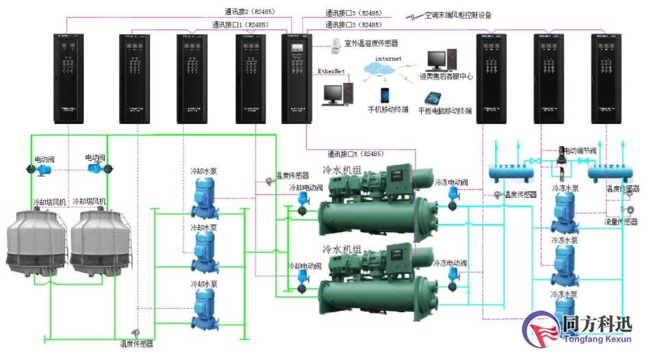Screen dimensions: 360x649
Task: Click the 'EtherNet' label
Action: pyautogui.click(x=331, y=71)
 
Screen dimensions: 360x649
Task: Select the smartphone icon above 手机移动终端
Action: pyautogui.click(x=385, y=94)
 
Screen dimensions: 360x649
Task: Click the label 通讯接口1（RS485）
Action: pyautogui.click(x=240, y=25)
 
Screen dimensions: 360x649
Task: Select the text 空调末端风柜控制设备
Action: pyautogui.click(x=458, y=14)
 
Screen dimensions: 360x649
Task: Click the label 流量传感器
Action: pyautogui.click(x=621, y=222)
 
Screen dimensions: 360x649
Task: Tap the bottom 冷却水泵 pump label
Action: pyautogui.click(x=204, y=283)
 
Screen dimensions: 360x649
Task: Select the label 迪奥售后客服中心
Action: pyautogui.click(x=446, y=77)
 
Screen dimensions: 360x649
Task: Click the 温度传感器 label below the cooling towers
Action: pyautogui.click(x=137, y=343)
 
